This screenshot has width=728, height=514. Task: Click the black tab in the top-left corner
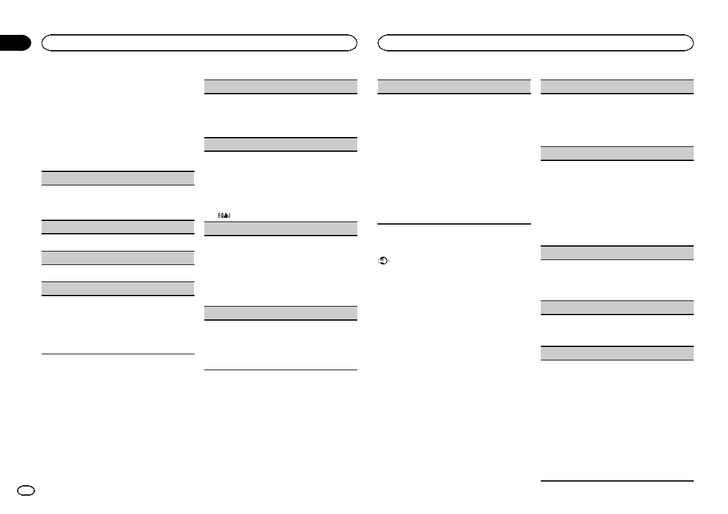(15, 43)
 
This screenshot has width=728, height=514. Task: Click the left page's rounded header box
(199, 42)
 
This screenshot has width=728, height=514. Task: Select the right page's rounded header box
(536, 42)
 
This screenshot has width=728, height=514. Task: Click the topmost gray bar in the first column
(117, 178)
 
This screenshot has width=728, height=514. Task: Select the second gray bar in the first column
(117, 226)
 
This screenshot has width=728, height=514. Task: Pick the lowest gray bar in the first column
(117, 289)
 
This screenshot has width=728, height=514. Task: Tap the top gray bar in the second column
(280, 86)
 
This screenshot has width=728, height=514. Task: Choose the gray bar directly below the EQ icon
(280, 229)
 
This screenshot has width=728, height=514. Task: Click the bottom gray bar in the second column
(280, 313)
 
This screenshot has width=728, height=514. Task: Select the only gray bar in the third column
(454, 86)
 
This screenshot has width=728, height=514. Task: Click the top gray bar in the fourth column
(617, 86)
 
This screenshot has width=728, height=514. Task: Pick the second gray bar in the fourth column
(617, 154)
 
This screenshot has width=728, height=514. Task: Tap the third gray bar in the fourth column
(617, 253)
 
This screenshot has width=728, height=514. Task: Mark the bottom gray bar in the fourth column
(617, 353)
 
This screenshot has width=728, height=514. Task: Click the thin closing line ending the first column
(117, 354)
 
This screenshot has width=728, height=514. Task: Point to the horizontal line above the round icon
(454, 224)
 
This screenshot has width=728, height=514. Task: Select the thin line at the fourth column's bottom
(617, 480)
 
